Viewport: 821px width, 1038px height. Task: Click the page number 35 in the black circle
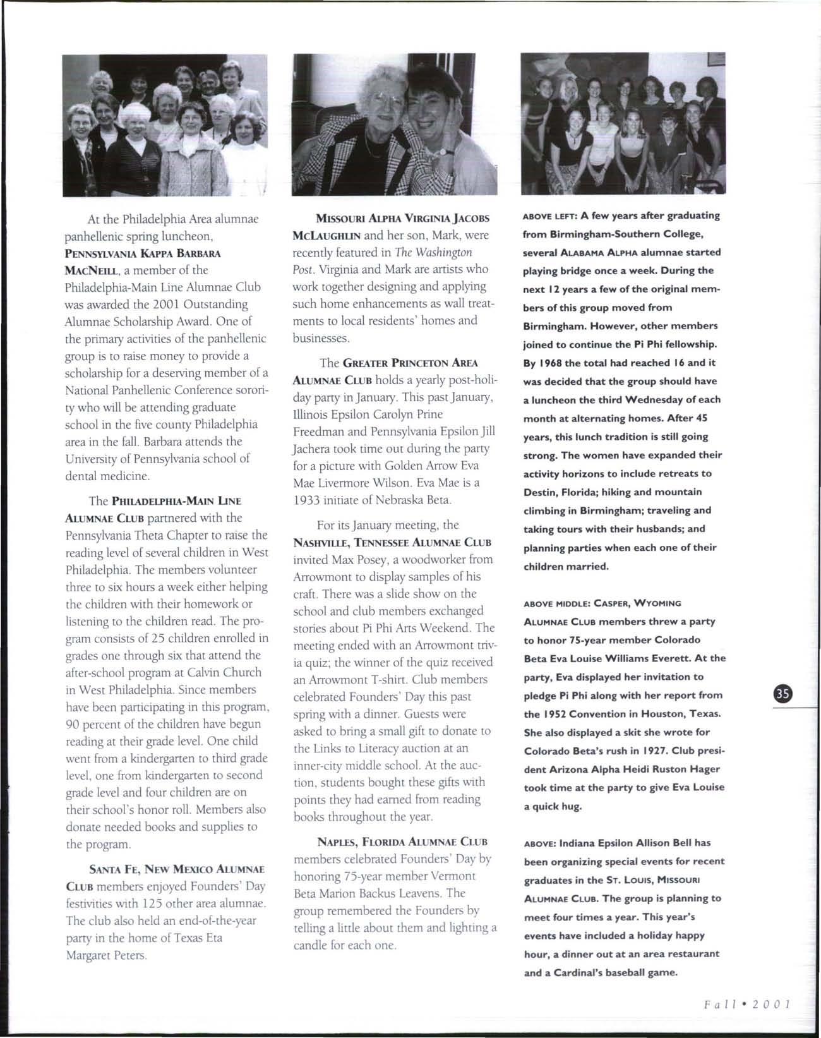click(x=782, y=694)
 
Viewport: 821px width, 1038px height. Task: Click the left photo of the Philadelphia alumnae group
click(x=164, y=125)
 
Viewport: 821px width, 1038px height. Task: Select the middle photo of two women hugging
click(x=394, y=124)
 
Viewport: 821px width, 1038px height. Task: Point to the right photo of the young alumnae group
click(x=623, y=123)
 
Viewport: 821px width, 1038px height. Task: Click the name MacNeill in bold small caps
click(x=93, y=270)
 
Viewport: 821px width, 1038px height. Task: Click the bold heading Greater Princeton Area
click(x=410, y=363)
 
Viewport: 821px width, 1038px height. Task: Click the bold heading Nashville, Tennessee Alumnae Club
click(x=392, y=543)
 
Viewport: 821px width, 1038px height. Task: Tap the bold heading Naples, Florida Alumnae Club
click(x=402, y=842)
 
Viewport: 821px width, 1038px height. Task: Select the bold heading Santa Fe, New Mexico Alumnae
click(x=177, y=869)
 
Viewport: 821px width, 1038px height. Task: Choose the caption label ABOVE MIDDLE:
click(x=554, y=603)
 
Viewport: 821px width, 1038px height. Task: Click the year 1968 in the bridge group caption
click(x=550, y=363)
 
